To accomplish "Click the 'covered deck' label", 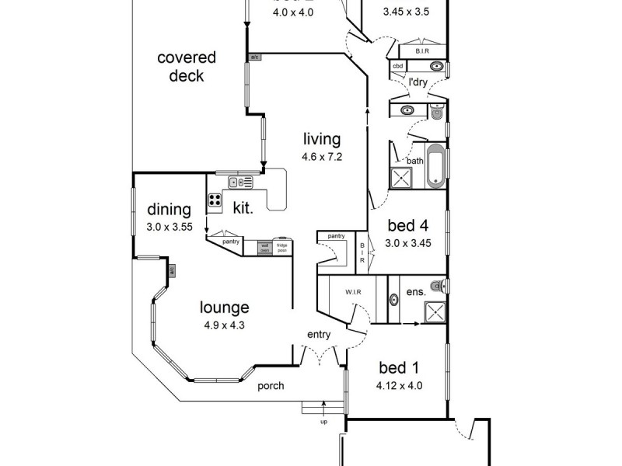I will tap(186, 67).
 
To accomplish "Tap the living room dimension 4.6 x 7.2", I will tap(322, 156).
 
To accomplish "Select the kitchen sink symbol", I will tap(239, 183).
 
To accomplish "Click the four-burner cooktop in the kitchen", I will tap(215, 202).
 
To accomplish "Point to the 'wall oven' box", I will tap(264, 248).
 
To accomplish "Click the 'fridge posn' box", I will tap(281, 248).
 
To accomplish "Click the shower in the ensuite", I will tap(434, 311).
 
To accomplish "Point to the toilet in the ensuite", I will tap(440, 286).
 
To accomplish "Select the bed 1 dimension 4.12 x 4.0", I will tap(400, 385).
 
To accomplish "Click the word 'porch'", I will tap(271, 386).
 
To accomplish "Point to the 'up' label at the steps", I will tap(323, 422).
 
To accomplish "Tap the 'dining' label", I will tap(169, 210).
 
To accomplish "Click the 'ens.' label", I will tap(415, 293).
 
